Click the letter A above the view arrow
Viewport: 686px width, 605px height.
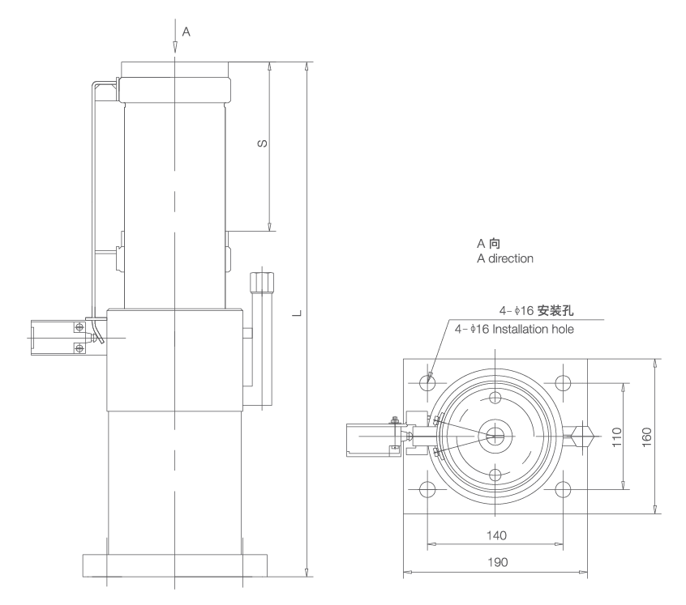[x=187, y=32]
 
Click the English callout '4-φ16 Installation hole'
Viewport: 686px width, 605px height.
[x=514, y=330]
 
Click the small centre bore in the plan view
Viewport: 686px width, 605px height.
[x=495, y=435]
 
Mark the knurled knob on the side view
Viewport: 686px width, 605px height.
[x=262, y=286]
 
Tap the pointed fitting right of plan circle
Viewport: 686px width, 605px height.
[x=581, y=435]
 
